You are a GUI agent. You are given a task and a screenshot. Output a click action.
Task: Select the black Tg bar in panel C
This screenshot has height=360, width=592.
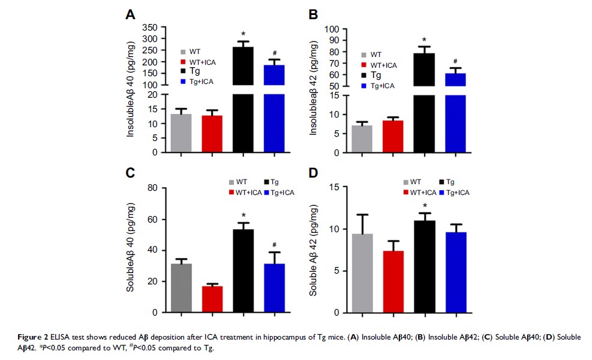pyautogui.click(x=244, y=271)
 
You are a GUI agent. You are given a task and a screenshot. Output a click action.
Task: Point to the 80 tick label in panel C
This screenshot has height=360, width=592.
pyautogui.click(x=154, y=188)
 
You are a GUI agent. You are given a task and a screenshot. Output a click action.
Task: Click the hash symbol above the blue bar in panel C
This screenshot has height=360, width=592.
pyautogui.click(x=275, y=244)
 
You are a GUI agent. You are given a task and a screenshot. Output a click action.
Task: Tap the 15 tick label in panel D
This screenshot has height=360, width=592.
pyautogui.click(x=332, y=188)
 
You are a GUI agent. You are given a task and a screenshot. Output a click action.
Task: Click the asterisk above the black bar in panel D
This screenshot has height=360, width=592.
pyautogui.click(x=424, y=207)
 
